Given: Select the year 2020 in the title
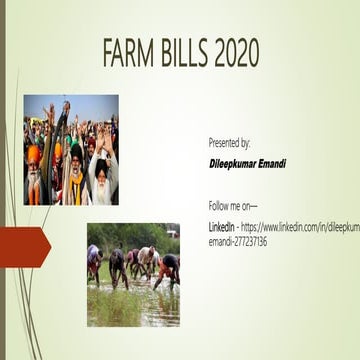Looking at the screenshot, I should tap(237, 55).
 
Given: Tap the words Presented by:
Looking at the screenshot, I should tap(229, 144).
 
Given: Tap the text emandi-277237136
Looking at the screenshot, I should tap(237, 241).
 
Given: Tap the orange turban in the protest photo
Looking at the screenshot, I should tap(35, 153).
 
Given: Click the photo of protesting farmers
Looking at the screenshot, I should tap(71, 150).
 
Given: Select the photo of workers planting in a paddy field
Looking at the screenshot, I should tap(133, 275).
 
